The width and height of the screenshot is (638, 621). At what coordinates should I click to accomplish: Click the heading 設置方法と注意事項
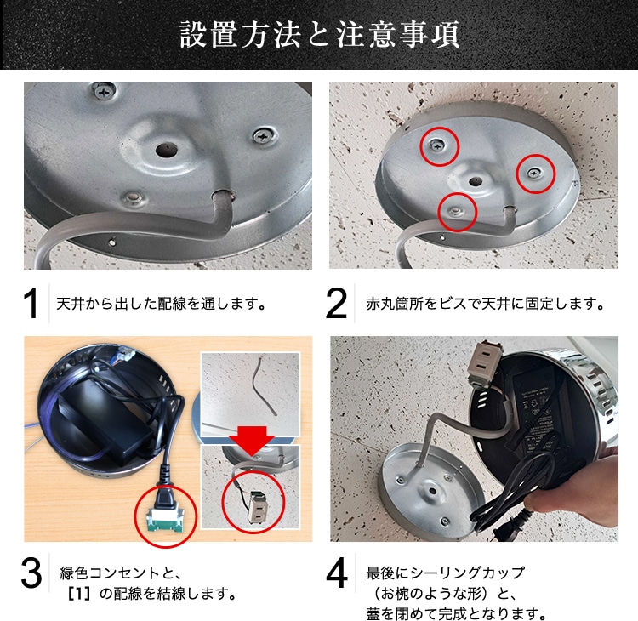(x=319, y=35)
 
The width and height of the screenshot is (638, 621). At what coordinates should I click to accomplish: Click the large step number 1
(x=31, y=304)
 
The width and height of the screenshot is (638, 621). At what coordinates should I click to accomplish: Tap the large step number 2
(x=337, y=304)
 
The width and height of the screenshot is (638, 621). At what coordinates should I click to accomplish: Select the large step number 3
(x=31, y=577)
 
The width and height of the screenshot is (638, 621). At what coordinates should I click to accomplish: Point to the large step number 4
(x=337, y=577)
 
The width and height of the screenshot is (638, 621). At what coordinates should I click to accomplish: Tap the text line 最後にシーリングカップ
(x=446, y=572)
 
